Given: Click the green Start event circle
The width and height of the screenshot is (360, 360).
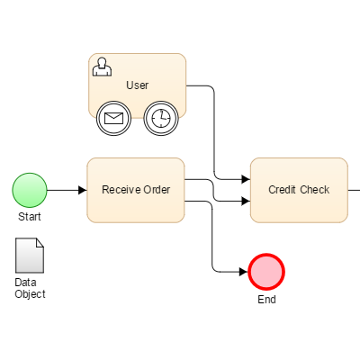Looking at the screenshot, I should click(x=29, y=190).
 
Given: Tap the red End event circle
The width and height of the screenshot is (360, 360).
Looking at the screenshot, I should click(x=266, y=271).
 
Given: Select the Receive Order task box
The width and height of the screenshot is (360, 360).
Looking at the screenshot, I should click(x=136, y=190).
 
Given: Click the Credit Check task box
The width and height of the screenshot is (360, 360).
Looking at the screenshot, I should click(x=299, y=190).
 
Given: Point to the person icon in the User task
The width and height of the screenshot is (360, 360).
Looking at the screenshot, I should click(x=103, y=66).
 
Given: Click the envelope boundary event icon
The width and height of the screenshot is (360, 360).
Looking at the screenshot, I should click(x=113, y=118).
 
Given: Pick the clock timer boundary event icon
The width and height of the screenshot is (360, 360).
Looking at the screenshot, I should click(x=159, y=118).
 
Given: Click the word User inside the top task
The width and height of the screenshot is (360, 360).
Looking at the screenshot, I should click(x=137, y=85).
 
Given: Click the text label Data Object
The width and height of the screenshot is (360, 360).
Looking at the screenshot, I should click(x=30, y=288).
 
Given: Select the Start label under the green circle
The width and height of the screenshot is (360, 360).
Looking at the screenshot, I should click(x=29, y=217).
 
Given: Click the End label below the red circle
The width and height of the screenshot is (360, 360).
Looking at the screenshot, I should click(x=266, y=300).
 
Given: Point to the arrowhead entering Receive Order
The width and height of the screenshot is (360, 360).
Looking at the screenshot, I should click(x=82, y=190).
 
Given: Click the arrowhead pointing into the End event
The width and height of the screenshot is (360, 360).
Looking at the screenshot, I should click(x=243, y=271).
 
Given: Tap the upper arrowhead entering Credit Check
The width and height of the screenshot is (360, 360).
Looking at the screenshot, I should click(x=245, y=179).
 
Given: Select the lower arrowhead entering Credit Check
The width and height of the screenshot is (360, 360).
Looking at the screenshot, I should click(x=245, y=201).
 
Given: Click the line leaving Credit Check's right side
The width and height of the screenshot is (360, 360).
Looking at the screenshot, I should click(x=354, y=190).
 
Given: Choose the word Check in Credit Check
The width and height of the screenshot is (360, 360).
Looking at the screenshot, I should click(x=315, y=190).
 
